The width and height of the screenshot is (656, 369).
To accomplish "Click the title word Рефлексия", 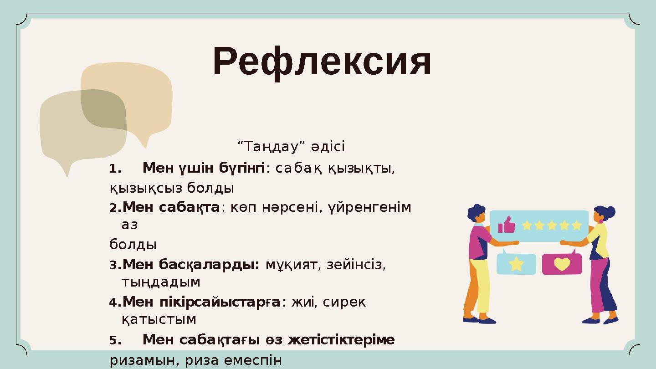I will pos(322,62).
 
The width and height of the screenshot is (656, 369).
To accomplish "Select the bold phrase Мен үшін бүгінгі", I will pos(204,169).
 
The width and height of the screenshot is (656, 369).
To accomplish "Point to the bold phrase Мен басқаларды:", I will pos(191,264).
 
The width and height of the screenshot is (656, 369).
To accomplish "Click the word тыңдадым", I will pos(161,282).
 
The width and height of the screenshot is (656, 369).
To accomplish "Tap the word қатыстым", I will pos(159,320).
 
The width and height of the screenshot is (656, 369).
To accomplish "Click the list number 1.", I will pos(115,169).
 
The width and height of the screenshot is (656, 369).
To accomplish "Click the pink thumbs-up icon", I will pos(506,225).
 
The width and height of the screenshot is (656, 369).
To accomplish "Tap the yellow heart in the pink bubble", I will pos(562,264).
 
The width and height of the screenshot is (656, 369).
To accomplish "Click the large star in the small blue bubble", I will pos(516,264).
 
